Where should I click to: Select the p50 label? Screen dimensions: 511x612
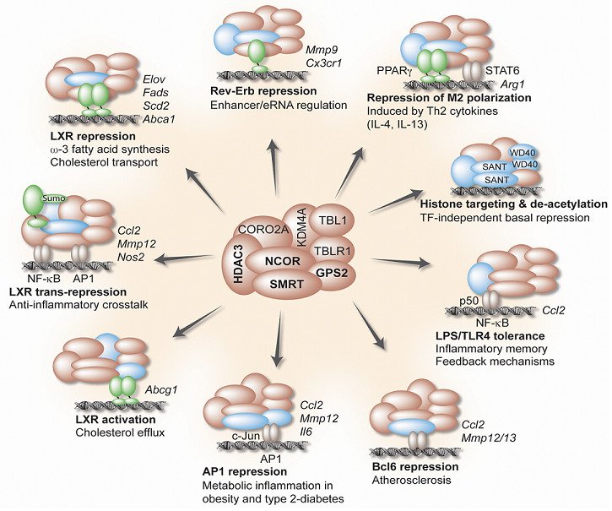pos(471,299)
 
